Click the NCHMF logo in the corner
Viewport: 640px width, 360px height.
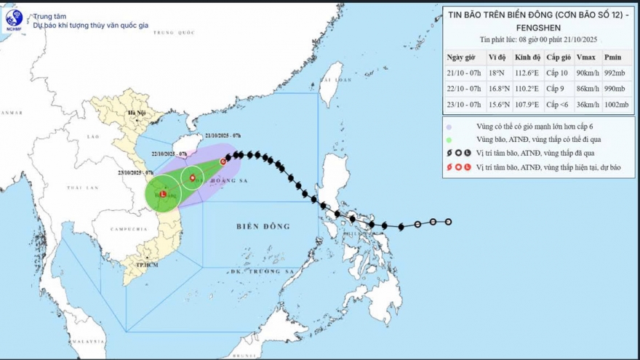point(14,18)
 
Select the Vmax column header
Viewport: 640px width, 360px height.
point(583,57)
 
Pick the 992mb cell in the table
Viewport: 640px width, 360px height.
point(614,73)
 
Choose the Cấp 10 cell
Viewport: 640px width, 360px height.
point(557,73)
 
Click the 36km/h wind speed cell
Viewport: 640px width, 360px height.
point(585,105)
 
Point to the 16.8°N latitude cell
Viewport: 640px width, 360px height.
point(497,89)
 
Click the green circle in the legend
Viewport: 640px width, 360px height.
point(449,139)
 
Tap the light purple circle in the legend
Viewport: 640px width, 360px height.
point(449,125)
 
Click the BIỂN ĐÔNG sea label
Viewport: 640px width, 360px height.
point(263,226)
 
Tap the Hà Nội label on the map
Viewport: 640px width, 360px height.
point(136,113)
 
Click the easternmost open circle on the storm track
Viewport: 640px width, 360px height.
point(448,222)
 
